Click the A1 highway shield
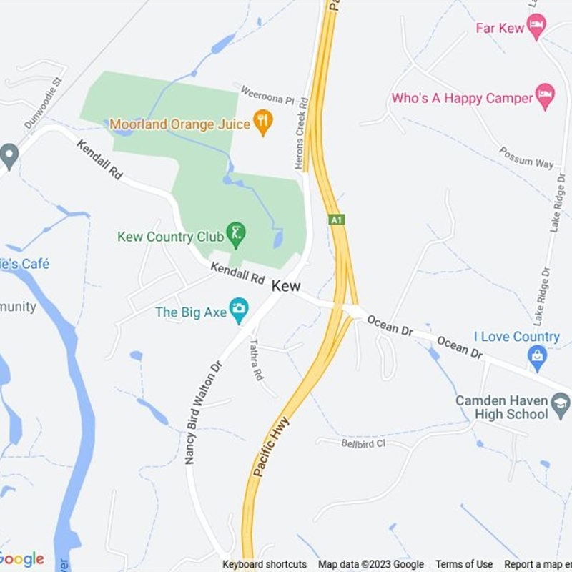coord(337,220)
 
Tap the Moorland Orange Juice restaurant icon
coord(263,123)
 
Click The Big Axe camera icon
coord(239,310)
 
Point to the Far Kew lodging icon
coord(536,27)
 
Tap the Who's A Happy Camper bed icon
coord(546,97)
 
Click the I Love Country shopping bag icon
coord(537,355)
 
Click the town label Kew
coord(286,285)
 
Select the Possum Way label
coord(526,158)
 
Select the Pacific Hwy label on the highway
coord(270,447)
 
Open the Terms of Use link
coord(464,564)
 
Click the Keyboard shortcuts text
coord(265,564)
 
